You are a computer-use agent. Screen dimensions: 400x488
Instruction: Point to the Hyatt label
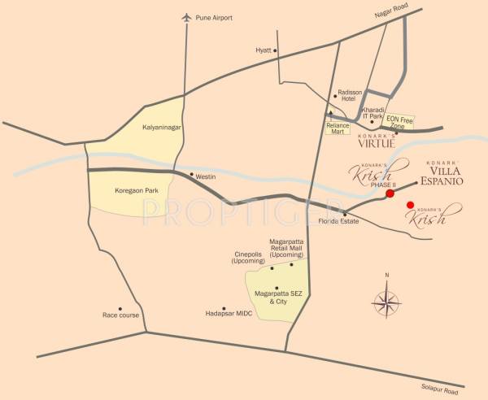[x=264, y=50]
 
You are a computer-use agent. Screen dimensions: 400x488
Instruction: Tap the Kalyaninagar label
[x=161, y=128]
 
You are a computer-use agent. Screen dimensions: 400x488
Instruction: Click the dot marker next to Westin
[x=191, y=176]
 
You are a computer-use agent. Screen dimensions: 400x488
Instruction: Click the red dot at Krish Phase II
[x=390, y=193]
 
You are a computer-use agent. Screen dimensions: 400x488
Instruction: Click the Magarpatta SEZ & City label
[x=277, y=297]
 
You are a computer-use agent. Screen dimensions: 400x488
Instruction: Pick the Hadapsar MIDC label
[x=230, y=311]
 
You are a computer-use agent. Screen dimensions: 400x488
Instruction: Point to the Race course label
[x=121, y=315]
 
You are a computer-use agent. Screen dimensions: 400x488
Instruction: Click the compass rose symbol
[x=387, y=305]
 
